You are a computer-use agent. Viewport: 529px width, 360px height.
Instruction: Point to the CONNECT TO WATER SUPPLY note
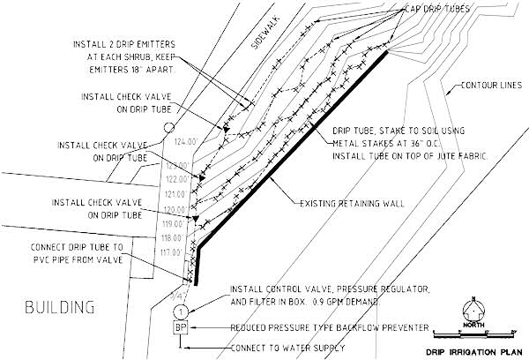284,348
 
